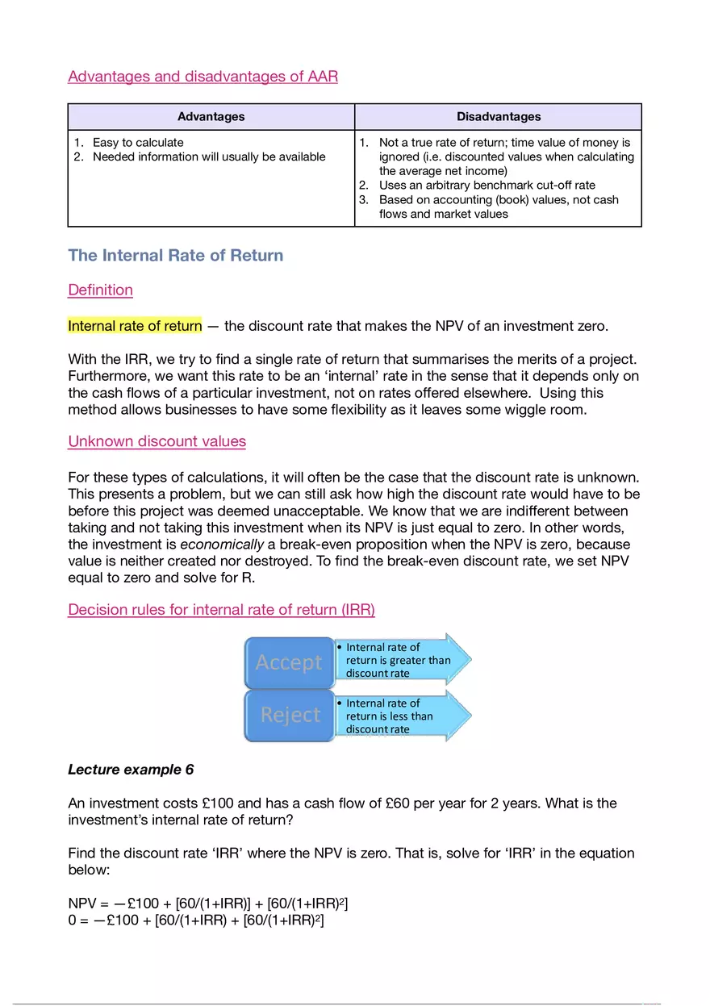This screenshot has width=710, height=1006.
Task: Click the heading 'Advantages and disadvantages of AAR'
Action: (x=203, y=77)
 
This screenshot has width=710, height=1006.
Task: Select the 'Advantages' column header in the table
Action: (x=211, y=117)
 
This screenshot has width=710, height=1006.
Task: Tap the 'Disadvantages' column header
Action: (x=498, y=117)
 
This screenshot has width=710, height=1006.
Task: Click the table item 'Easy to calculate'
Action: (x=138, y=143)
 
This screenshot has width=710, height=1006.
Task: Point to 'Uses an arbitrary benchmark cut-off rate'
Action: (x=487, y=186)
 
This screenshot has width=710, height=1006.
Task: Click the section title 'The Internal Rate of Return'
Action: (x=175, y=256)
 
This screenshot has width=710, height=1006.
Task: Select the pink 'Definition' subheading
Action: (x=100, y=290)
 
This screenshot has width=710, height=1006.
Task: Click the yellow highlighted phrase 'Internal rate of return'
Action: (x=135, y=327)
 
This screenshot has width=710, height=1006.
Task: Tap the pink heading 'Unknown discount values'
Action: (x=157, y=441)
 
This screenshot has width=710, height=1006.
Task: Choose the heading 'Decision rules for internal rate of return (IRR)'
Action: (x=221, y=610)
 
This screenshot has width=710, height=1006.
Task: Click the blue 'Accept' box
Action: (x=289, y=662)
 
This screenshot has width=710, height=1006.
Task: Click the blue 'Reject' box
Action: (x=289, y=715)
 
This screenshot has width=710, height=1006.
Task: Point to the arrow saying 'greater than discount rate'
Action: (x=399, y=660)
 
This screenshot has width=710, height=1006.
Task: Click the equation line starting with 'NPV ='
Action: (x=207, y=905)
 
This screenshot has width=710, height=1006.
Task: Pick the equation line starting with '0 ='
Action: (x=195, y=921)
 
